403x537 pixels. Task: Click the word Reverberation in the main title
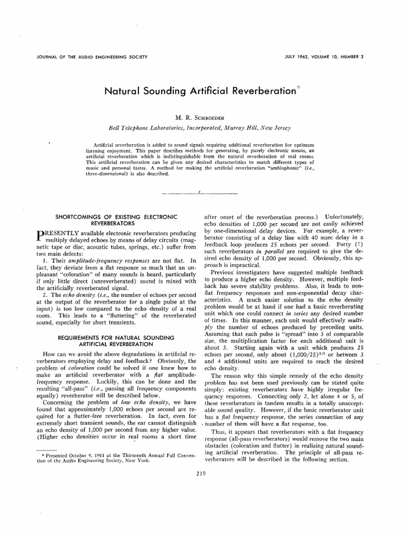[261, 91]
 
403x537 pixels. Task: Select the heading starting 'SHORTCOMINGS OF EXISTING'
[117, 217]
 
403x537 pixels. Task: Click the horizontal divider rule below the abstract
[201, 193]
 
